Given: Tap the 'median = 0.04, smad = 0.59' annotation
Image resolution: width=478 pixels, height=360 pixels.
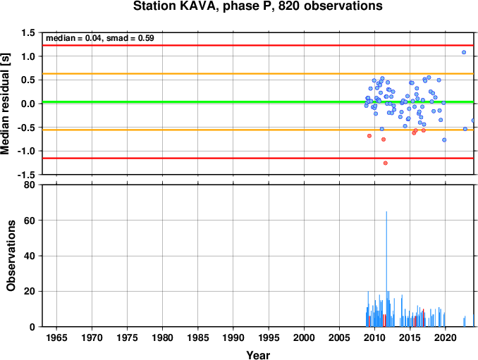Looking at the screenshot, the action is click(100, 38).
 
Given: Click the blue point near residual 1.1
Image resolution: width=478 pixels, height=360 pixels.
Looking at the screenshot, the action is click(464, 52).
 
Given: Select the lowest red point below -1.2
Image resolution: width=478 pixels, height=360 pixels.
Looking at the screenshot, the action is click(386, 163).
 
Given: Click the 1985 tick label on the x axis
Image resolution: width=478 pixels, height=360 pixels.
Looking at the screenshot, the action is click(198, 337).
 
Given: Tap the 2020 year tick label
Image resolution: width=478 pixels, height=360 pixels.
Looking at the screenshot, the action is click(446, 337).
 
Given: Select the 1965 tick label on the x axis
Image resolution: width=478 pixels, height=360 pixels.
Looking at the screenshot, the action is click(56, 337).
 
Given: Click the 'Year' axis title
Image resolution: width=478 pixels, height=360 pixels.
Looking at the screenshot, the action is click(258, 355).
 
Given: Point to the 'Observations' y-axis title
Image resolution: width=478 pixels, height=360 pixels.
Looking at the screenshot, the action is click(11, 256).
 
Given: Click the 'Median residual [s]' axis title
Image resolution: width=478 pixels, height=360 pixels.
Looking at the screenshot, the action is click(5, 104).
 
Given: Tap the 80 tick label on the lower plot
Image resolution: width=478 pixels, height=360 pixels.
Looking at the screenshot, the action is click(30, 185).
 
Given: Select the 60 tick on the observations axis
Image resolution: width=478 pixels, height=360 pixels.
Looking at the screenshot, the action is click(30, 221).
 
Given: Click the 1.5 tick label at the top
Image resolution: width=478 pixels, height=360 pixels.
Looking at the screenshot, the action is click(27, 32).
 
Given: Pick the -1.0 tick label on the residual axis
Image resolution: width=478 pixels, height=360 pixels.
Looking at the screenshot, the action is click(26, 151).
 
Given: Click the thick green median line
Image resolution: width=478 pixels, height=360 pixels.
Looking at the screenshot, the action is click(258, 102).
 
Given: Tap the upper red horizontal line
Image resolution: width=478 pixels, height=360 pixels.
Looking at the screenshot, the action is click(258, 45).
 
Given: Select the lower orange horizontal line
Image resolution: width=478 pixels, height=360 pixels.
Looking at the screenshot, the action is click(258, 130).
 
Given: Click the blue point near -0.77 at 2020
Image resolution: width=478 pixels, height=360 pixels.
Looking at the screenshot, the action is click(444, 140).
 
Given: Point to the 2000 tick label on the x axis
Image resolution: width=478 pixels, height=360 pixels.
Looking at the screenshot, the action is click(304, 337).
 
